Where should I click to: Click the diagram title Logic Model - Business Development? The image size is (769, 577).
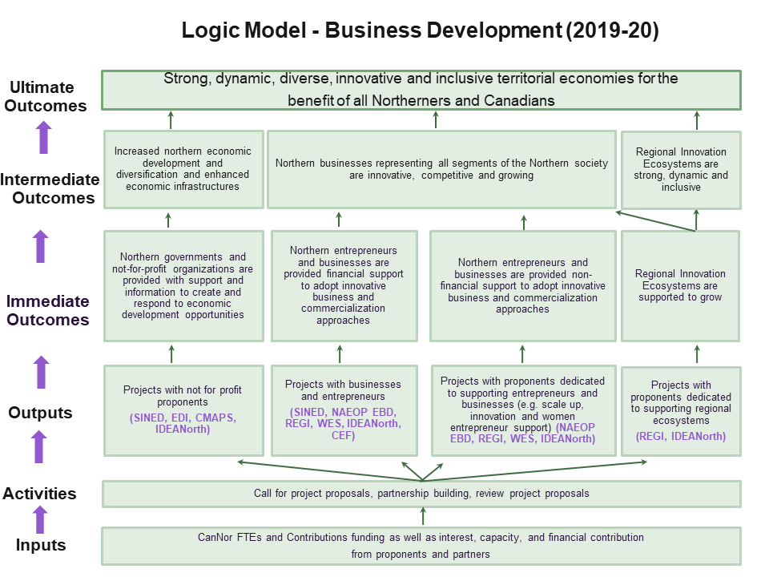(420, 30)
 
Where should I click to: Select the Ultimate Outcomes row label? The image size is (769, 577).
(43, 96)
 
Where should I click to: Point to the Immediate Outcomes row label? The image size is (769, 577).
(48, 310)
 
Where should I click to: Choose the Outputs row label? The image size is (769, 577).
(40, 413)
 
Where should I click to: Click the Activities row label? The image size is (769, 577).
(39, 494)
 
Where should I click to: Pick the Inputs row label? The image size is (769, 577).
(40, 546)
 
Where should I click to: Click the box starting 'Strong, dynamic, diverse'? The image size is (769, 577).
(421, 89)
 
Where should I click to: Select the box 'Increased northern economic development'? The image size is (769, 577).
(183, 169)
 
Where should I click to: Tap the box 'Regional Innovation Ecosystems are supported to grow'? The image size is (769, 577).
(680, 286)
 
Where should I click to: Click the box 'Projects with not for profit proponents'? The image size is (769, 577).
(183, 410)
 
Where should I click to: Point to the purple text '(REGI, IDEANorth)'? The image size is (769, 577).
(680, 437)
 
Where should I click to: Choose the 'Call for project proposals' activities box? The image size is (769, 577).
(421, 494)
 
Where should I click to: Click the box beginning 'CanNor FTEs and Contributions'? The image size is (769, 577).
(421, 546)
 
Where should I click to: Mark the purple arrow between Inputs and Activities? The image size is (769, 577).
(40, 519)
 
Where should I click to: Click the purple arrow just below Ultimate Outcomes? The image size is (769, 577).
(43, 137)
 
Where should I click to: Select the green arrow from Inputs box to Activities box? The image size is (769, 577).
(423, 516)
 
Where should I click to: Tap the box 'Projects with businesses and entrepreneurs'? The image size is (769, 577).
(344, 410)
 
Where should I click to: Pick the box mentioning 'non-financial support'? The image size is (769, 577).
(522, 286)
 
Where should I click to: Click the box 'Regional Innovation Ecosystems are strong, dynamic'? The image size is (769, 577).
(680, 169)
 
